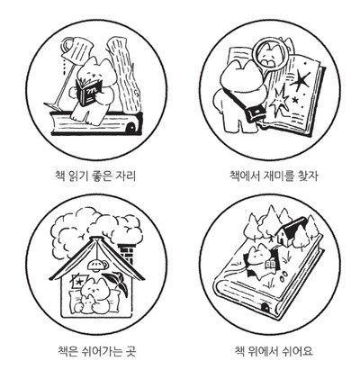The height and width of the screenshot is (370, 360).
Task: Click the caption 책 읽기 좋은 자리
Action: click(x=95, y=176)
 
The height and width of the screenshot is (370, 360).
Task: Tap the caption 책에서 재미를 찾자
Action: click(x=274, y=176)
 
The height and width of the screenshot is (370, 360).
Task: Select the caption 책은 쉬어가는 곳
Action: click(x=97, y=350)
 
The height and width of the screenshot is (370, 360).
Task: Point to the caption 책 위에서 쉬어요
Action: click(x=274, y=350)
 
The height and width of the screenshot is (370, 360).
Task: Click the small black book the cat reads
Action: click(x=89, y=92)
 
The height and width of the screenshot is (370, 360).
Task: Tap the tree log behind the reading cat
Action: click(x=124, y=75)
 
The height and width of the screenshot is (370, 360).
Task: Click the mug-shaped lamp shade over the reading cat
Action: click(x=76, y=50)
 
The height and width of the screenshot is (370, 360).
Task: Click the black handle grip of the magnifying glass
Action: click(x=255, y=113)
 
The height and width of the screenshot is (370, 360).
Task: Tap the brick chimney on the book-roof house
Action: click(x=127, y=253)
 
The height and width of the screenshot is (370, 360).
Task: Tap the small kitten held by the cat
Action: click(x=85, y=303)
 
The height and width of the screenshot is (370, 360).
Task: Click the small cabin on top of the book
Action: click(x=290, y=232)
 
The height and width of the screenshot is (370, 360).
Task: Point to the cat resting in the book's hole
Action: click(x=259, y=258)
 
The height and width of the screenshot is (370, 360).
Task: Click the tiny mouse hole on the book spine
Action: click(x=265, y=307)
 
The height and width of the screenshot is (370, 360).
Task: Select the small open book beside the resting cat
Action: click(x=271, y=265)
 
